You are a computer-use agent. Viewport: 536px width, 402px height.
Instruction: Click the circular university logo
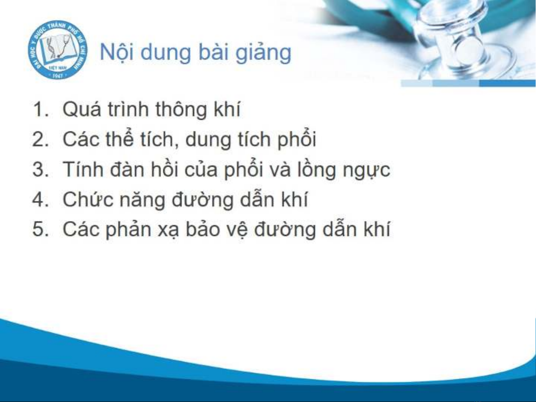(x=58, y=50)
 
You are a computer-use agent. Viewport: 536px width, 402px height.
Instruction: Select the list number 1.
(x=40, y=109)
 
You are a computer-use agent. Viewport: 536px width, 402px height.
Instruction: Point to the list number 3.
(x=40, y=170)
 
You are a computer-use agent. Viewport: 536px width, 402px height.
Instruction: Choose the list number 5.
(x=40, y=229)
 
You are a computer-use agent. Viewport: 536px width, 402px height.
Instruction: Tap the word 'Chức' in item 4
(x=88, y=199)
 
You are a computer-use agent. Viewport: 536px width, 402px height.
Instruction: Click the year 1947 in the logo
(x=57, y=76)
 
